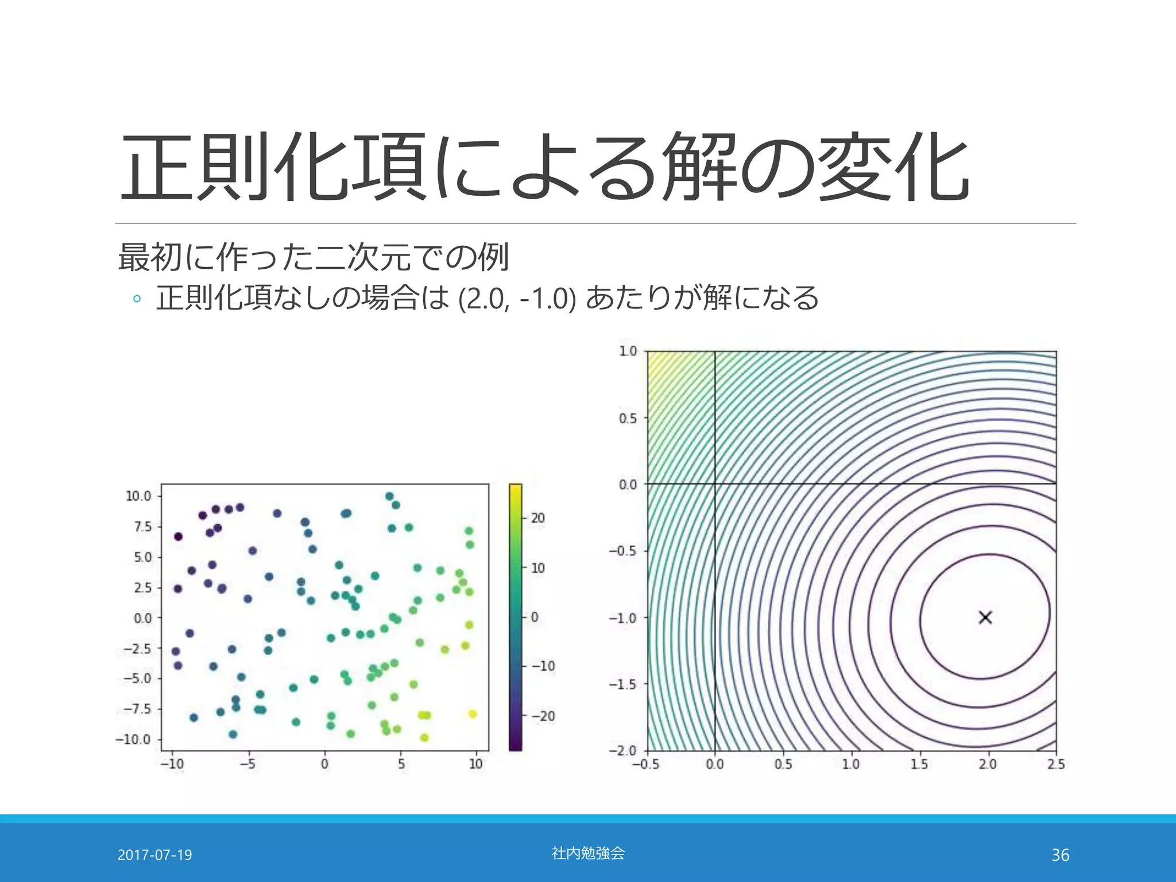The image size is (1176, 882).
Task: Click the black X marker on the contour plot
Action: (985, 617)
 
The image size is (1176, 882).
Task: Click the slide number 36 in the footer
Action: (1060, 855)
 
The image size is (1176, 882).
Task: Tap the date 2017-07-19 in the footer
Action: (154, 855)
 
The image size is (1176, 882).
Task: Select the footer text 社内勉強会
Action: (588, 853)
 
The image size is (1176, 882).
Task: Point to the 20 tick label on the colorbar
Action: (537, 518)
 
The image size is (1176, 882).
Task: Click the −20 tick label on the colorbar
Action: (543, 716)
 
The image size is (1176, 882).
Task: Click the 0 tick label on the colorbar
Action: (535, 617)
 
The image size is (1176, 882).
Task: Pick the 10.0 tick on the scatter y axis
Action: (138, 496)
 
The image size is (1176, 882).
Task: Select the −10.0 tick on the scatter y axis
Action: (133, 739)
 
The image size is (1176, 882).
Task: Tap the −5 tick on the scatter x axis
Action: (247, 764)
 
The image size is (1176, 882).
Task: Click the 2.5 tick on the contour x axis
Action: (1056, 764)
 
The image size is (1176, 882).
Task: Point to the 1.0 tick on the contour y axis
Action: (628, 351)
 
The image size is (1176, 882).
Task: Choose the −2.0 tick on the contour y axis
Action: (623, 751)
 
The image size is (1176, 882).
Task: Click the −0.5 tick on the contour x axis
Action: (646, 764)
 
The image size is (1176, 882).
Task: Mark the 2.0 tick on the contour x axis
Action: (988, 764)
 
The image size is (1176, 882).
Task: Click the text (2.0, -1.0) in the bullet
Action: (517, 299)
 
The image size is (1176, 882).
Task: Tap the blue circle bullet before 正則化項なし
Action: (137, 299)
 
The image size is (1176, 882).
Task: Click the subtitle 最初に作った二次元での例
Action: (314, 257)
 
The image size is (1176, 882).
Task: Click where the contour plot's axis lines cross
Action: (715, 483)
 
